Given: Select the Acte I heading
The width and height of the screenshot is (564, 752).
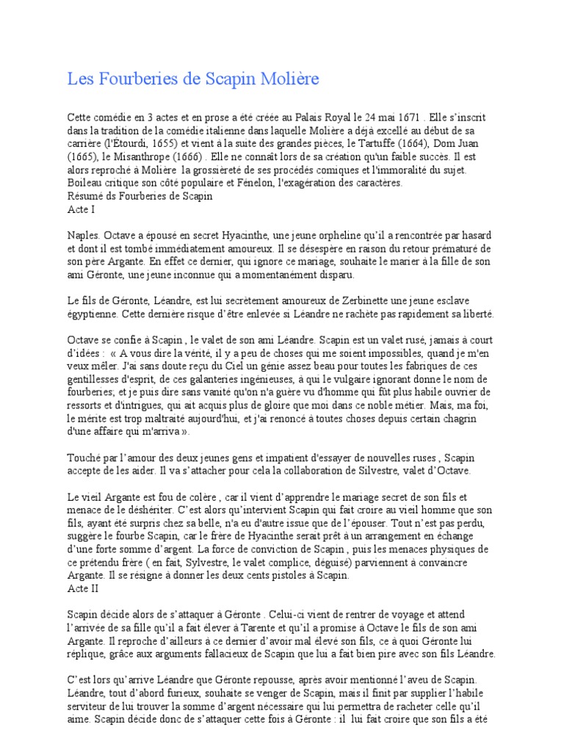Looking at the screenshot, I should click(x=81, y=209).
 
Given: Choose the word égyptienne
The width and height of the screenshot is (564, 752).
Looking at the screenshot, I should click(x=96, y=314).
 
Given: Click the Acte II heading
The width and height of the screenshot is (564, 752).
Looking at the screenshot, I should click(x=82, y=590).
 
